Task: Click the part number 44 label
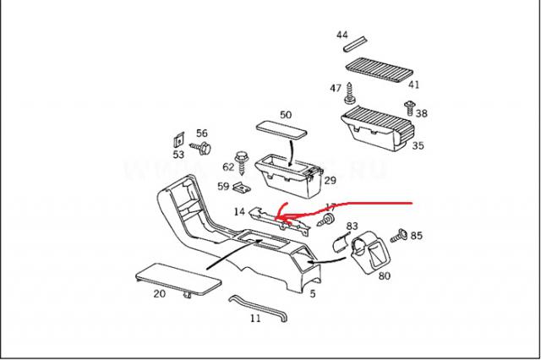point(342,35)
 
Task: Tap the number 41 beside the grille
point(413,84)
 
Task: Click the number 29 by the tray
point(330,180)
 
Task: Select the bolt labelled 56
point(203,150)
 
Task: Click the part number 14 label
point(240,211)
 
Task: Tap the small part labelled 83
point(338,243)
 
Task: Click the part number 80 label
point(384,275)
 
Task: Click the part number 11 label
point(255,319)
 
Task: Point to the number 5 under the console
point(312,293)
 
